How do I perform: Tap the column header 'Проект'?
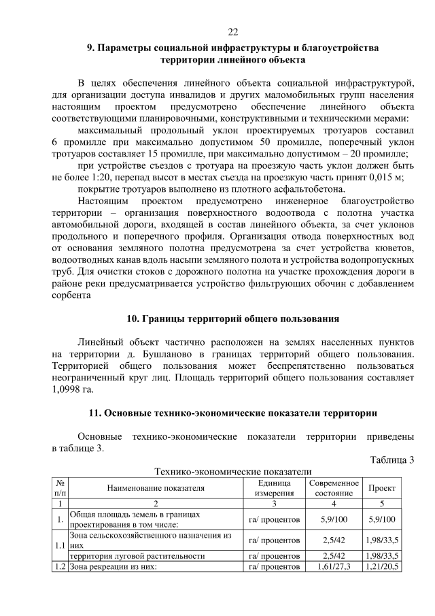(381, 488)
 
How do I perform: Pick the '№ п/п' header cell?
(60, 487)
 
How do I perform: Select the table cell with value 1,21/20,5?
(381, 566)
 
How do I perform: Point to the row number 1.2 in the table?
(60, 566)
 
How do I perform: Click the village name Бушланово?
(168, 354)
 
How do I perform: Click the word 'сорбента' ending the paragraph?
(71, 295)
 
